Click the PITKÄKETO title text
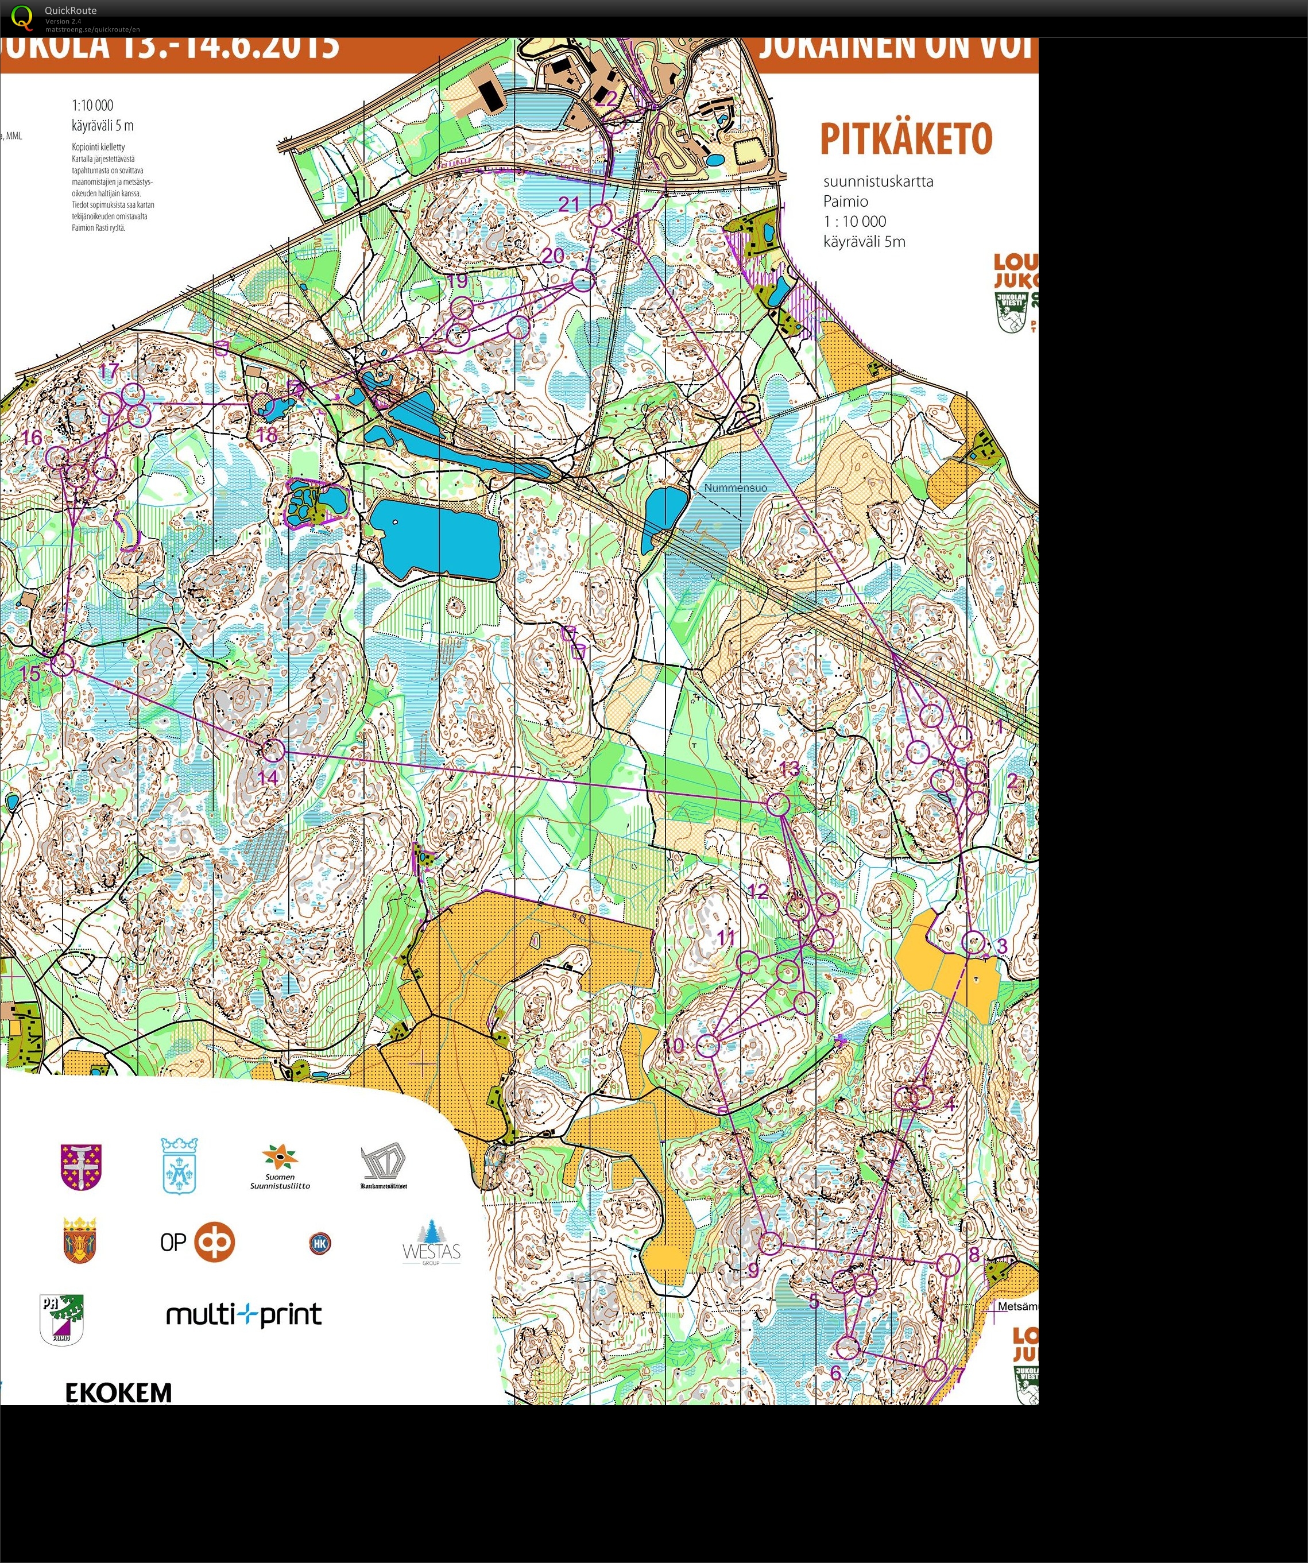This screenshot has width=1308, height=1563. (906, 139)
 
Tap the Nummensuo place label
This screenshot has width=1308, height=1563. (735, 488)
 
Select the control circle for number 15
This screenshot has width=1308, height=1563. (63, 663)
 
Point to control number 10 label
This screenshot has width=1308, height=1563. (674, 1045)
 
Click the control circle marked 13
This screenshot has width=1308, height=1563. (778, 803)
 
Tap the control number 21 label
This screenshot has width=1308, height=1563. (569, 204)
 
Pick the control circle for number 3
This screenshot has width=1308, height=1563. (973, 942)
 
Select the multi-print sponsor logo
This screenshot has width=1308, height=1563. (243, 1314)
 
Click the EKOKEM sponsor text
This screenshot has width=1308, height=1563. (118, 1392)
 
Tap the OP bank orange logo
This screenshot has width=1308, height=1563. (214, 1241)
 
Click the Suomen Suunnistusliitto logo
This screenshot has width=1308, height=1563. (280, 1166)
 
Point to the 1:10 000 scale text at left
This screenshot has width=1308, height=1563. (92, 105)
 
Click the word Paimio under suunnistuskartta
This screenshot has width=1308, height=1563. (845, 201)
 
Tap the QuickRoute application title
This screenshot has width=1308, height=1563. (70, 10)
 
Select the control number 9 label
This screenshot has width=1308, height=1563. (753, 1269)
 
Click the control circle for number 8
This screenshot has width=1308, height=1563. (949, 1264)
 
